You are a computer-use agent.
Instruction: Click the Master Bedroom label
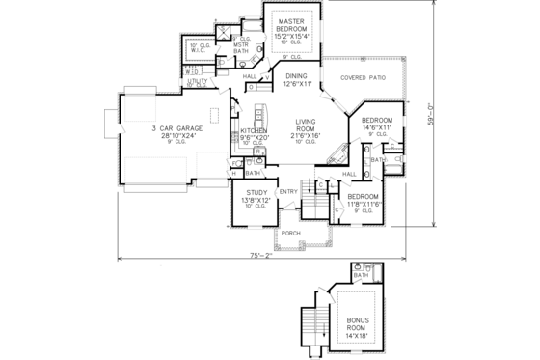[292, 26]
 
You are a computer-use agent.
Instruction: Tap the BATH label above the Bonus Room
[362, 276]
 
